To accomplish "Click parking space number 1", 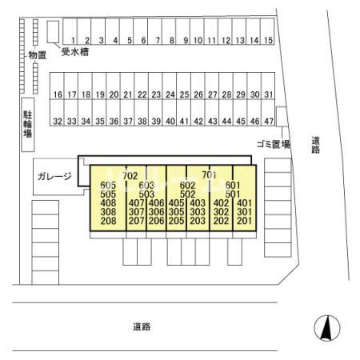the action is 70,31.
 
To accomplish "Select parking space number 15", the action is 267,31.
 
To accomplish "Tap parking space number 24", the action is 170,86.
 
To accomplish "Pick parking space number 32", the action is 57,113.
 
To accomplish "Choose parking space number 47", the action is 268,113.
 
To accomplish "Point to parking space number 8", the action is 169,31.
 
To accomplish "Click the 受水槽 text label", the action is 75,52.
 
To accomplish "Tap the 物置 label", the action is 38,55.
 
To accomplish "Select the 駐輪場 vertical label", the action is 28,124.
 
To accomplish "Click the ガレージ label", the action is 54,176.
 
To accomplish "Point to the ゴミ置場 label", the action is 274,145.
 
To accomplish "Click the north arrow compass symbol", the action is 327,328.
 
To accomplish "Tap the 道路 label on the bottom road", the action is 142,326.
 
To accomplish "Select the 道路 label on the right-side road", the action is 315,145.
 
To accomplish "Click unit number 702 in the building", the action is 130,176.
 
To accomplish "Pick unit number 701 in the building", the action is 209,175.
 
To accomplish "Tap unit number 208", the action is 108,221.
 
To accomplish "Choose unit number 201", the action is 244,221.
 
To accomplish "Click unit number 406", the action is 157,203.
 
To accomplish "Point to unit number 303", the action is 198,212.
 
